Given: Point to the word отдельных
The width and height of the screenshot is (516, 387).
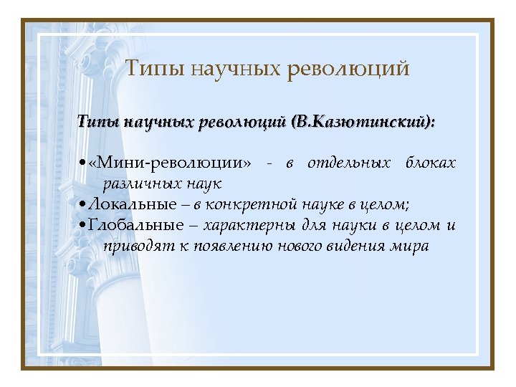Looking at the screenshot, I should [x=349, y=163].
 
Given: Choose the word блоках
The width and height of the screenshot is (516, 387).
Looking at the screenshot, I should [x=430, y=163].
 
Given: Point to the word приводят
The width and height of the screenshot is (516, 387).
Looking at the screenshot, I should [x=133, y=247].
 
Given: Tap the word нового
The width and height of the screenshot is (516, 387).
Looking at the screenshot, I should [x=291, y=247].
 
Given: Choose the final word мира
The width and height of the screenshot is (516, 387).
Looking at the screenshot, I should [x=412, y=247].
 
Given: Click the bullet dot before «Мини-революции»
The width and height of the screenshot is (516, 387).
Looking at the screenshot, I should [x=85, y=164].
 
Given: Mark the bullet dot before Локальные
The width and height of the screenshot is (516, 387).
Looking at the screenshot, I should [x=85, y=206].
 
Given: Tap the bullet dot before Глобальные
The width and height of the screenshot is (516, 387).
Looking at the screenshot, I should [x=85, y=226].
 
